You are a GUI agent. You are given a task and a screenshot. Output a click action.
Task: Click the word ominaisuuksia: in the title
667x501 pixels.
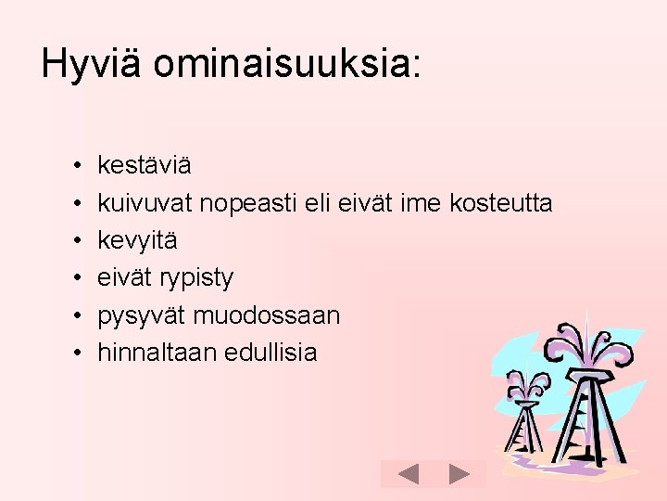[287, 65]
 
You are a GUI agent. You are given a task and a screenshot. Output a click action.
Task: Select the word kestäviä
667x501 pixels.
[145, 166]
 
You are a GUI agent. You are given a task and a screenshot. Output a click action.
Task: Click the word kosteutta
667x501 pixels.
[501, 203]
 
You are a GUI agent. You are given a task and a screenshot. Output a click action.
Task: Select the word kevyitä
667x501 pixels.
[137, 240]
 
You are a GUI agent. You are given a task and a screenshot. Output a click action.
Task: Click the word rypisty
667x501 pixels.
[196, 278]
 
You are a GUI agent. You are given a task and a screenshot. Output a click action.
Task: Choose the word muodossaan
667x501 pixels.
[267, 315]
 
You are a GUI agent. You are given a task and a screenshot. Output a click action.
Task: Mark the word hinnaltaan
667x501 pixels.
[157, 353]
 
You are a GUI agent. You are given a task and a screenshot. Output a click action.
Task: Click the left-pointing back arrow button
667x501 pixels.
[408, 474]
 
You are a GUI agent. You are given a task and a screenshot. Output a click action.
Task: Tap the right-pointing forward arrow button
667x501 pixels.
[459, 474]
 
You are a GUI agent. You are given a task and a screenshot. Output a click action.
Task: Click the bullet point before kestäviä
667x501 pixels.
[73, 167]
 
